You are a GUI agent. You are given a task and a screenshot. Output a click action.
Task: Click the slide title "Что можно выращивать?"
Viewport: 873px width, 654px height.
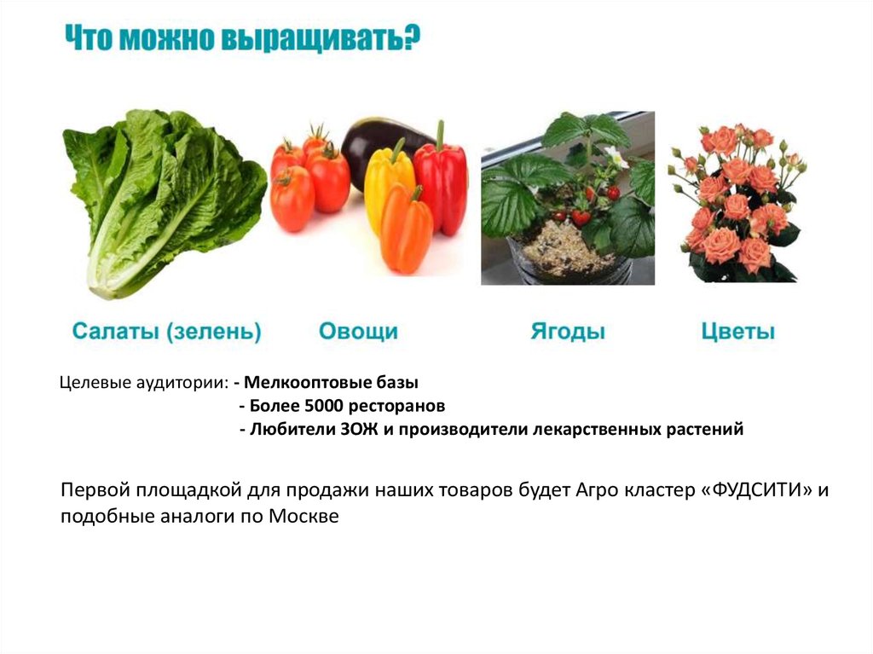tap(242, 40)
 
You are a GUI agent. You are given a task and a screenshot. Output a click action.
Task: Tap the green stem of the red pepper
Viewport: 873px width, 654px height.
tap(441, 135)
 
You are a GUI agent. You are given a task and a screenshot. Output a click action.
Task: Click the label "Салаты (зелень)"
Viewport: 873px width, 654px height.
tap(166, 331)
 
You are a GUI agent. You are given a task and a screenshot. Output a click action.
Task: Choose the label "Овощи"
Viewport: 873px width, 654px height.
tap(358, 331)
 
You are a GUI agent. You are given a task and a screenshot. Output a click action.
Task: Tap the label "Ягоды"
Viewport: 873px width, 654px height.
tap(568, 331)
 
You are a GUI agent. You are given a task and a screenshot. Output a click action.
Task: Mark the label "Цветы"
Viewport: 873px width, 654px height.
tap(738, 331)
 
